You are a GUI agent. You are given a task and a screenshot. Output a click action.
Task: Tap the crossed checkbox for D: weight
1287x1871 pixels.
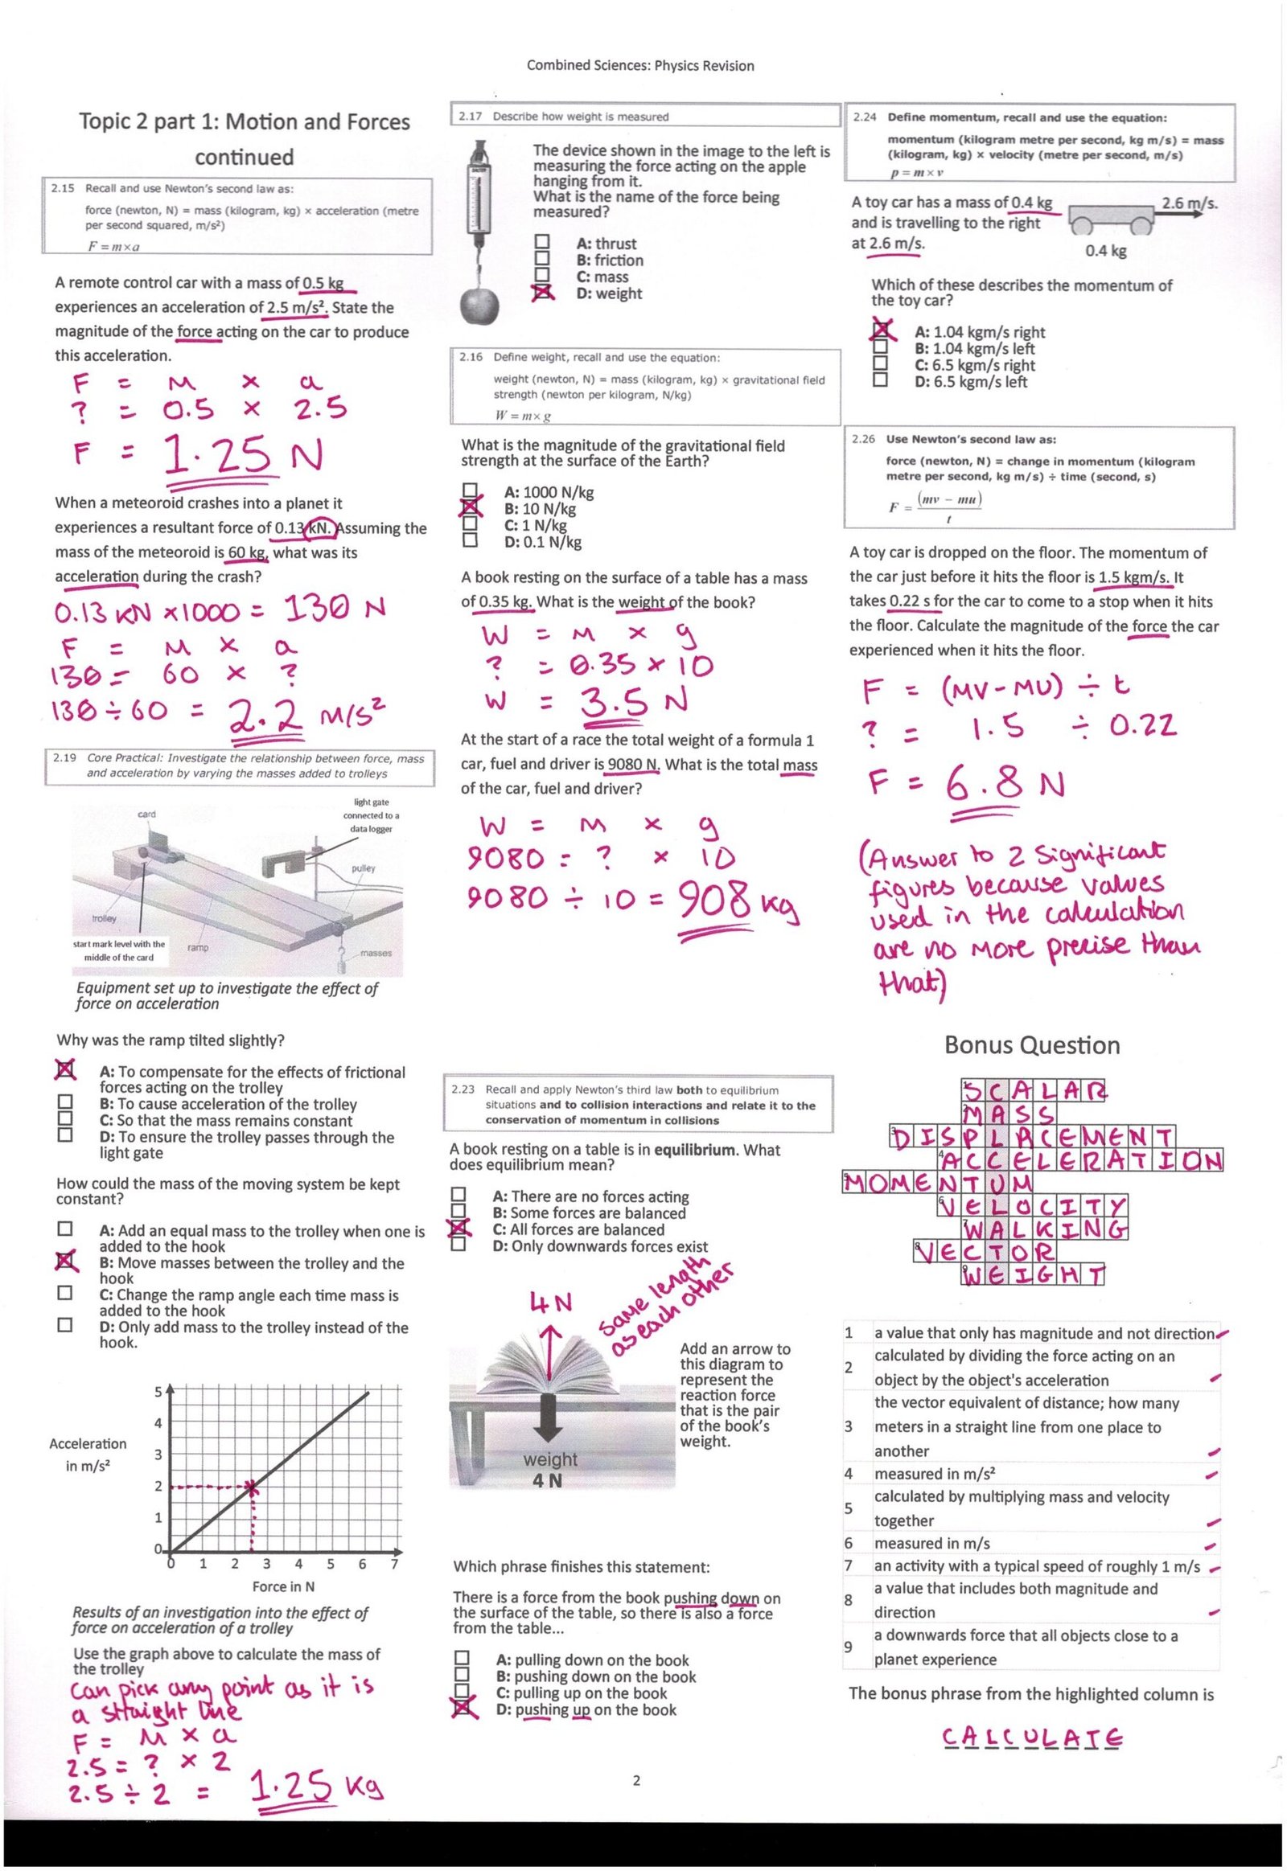click(543, 293)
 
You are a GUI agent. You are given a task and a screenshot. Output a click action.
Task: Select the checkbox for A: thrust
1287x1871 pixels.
click(542, 242)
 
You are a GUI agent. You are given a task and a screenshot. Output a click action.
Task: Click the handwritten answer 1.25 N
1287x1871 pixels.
click(242, 456)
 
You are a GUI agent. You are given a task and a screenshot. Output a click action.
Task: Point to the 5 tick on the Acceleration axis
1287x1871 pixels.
click(158, 1390)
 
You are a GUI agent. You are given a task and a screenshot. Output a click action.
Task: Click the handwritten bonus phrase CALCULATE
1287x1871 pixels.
click(1031, 1738)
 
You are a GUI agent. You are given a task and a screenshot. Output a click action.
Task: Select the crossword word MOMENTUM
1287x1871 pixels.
click(937, 1183)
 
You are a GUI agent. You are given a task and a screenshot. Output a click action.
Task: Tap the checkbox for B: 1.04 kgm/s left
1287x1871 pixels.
click(881, 347)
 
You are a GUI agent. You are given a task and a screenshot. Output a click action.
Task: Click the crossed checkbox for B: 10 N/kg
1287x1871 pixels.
click(470, 508)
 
